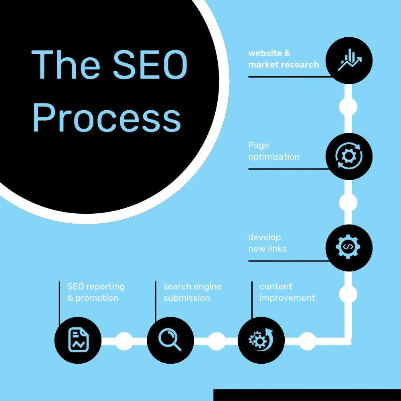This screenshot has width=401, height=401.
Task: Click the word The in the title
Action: click(x=66, y=64)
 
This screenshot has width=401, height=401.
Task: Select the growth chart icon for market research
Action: click(x=350, y=60)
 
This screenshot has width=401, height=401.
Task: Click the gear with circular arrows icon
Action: click(x=349, y=156)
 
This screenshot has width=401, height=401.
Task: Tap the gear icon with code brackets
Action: click(x=348, y=247)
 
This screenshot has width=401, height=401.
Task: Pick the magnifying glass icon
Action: click(x=170, y=339)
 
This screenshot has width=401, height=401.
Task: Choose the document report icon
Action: click(x=79, y=340)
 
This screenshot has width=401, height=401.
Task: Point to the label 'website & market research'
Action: click(x=284, y=59)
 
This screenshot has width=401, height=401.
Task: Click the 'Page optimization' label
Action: click(x=273, y=151)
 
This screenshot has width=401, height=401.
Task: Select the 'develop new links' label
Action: click(x=267, y=243)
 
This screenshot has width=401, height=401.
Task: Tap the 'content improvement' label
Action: click(x=287, y=292)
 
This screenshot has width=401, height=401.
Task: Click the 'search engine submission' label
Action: click(x=192, y=292)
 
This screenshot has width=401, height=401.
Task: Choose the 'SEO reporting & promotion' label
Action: click(x=96, y=292)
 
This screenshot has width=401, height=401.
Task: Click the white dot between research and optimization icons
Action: click(x=348, y=107)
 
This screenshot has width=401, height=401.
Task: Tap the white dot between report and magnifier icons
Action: click(x=124, y=341)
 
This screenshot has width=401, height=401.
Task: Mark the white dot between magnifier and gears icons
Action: click(x=217, y=341)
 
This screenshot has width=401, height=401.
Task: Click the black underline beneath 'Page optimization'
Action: click(x=289, y=169)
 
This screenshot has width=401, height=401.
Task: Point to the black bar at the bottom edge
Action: click(x=307, y=395)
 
